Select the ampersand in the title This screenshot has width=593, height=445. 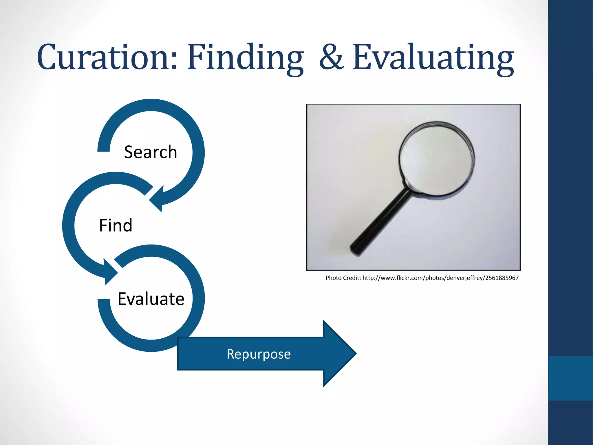332,57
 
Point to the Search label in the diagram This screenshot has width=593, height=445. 150,152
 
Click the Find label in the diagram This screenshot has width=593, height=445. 116,225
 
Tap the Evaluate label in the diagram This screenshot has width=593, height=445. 151,299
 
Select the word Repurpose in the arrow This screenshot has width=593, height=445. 259,354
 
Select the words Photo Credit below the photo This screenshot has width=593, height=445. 343,278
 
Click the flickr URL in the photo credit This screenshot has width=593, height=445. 440,278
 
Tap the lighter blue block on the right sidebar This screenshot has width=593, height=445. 570,378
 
